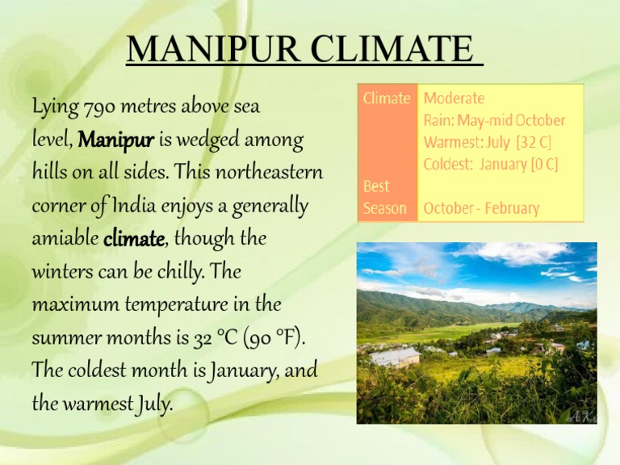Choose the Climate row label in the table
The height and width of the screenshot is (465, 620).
[x=387, y=98]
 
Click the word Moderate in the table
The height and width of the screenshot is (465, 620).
[x=455, y=98]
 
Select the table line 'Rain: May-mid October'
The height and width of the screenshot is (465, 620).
[x=494, y=120]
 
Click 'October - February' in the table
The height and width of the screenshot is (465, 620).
[x=481, y=208]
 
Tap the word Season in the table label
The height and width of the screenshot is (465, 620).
[x=385, y=208]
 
